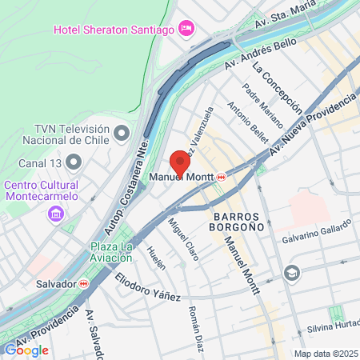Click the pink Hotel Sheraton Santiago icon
coord(186,29)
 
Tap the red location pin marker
coord(180,163)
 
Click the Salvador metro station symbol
coord(84,283)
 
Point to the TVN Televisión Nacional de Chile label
coord(71,137)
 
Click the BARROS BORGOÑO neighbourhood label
coord(246,223)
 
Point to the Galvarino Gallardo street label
coord(313,239)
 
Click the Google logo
coord(26,350)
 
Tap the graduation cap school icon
coord(291,272)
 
